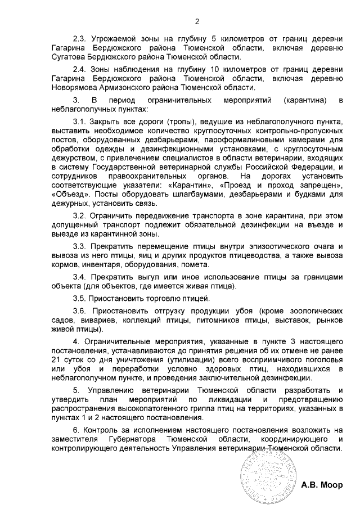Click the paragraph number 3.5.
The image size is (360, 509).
click(81, 298)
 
